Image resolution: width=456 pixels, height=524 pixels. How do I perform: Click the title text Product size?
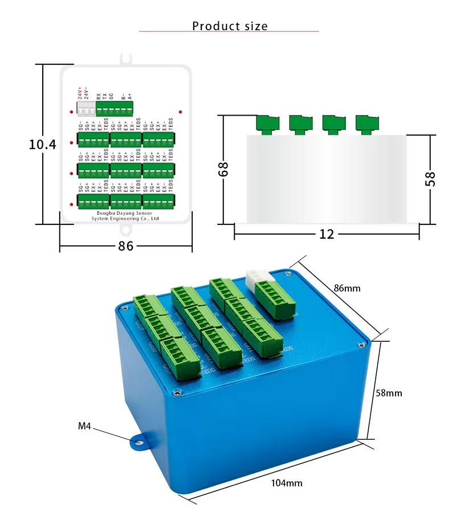point(229,26)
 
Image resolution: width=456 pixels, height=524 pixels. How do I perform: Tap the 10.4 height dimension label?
point(43,145)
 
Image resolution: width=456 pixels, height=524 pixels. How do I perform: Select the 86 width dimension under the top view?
point(125,247)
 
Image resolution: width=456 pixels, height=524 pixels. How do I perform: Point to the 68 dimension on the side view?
point(223,169)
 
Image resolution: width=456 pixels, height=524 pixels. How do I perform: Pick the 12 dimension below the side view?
point(327,234)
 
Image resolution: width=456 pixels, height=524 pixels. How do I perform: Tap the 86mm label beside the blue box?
point(347,288)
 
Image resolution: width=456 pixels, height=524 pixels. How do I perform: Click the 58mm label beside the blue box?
point(390,393)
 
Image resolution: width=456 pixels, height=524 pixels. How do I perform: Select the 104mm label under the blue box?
point(286,483)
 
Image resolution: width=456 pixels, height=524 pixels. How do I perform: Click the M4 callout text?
point(84,425)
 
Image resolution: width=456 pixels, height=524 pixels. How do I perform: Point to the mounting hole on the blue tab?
point(137,442)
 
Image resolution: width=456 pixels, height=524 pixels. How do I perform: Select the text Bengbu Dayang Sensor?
point(125,212)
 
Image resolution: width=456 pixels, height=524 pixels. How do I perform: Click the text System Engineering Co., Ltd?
point(125,218)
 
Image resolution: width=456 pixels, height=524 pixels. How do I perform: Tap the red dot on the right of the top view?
point(180,112)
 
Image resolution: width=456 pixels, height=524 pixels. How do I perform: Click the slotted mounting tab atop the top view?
point(126,58)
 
